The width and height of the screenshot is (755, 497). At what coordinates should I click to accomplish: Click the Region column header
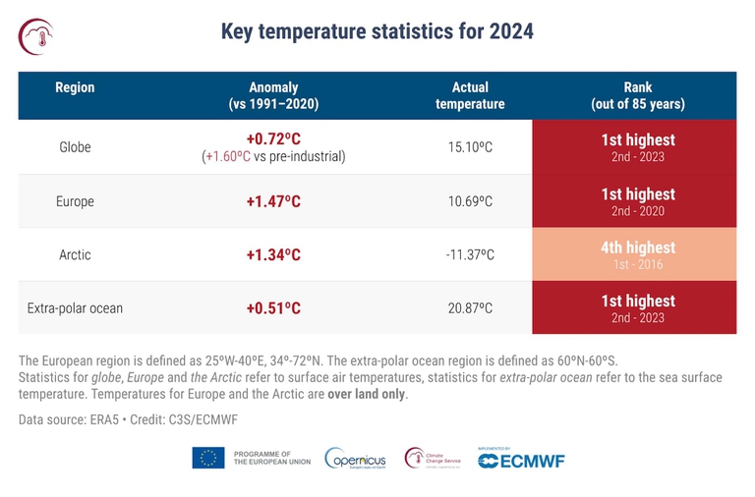point(75,87)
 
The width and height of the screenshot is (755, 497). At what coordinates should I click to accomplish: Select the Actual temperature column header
point(470,95)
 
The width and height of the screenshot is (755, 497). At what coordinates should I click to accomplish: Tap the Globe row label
point(75,147)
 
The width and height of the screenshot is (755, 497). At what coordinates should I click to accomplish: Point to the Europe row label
point(75,201)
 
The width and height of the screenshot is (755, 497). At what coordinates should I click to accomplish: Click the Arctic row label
point(75,255)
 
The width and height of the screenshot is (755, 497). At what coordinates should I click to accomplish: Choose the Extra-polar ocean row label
point(75,308)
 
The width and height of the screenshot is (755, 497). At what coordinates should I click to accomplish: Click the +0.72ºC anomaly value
point(273,138)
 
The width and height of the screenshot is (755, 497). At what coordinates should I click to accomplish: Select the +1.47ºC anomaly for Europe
point(273,201)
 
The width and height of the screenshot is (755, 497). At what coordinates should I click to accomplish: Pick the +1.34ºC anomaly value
point(273,255)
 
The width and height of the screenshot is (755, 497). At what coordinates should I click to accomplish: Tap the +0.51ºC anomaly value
point(273,308)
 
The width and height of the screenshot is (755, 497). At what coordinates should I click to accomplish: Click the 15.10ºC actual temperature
point(470,147)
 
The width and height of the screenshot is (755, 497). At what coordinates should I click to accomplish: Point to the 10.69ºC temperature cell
point(470,201)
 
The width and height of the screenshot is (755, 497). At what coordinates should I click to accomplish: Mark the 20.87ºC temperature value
point(470,308)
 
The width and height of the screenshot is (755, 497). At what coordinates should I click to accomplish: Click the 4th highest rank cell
point(638,254)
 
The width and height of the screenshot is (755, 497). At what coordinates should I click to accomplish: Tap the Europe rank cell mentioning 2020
point(638,201)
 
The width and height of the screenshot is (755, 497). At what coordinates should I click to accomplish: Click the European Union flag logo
point(208,458)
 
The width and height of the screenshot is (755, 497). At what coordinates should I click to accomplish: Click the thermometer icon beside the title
point(36,35)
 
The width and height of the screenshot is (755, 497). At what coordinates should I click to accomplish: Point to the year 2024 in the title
point(510,31)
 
